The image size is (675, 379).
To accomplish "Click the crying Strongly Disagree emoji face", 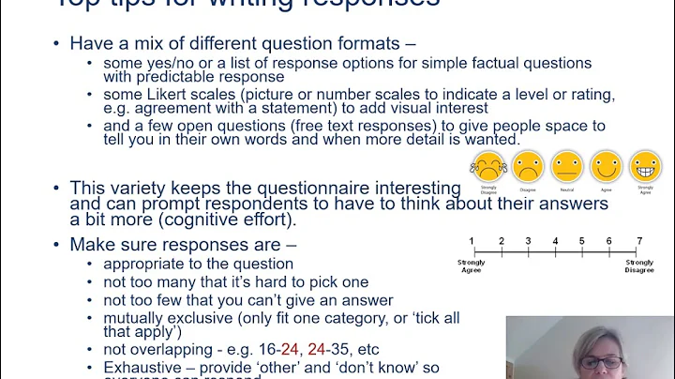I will pos(487,167).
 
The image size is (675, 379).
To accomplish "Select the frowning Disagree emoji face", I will pos(527,167).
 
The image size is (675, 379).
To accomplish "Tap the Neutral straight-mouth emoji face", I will pos(566,167).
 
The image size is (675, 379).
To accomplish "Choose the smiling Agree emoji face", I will pos(606,167).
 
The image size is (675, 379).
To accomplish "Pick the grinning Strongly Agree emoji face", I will pos(645,167).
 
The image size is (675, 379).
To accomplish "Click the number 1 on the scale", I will pos(472,241).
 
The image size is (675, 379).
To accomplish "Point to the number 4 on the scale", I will pos(556,241).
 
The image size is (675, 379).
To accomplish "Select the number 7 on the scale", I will pos(639,241).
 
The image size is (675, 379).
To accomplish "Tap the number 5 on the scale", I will pos(582,241).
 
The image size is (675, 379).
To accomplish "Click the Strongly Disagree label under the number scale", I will pos(639,266).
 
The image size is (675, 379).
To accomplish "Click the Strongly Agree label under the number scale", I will pos(472,266).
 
